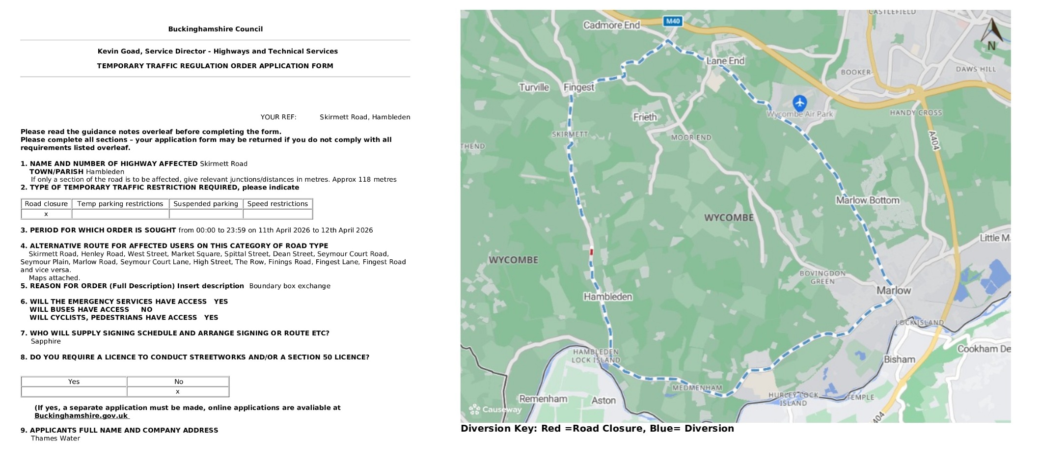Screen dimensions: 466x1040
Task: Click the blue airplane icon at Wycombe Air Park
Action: pyautogui.click(x=799, y=103)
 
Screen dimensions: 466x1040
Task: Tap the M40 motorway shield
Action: pyautogui.click(x=673, y=21)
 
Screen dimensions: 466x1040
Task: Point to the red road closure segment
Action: pyautogui.click(x=591, y=252)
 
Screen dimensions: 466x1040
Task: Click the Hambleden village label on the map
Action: pyautogui.click(x=607, y=297)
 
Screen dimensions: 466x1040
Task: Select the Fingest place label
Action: pyautogui.click(x=578, y=87)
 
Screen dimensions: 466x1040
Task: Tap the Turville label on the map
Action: pyautogui.click(x=534, y=87)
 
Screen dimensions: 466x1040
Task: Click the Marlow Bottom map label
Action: pyautogui.click(x=868, y=200)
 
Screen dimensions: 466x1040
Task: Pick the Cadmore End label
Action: pyautogui.click(x=611, y=25)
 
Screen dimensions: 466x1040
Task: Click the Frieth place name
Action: pyautogui.click(x=645, y=117)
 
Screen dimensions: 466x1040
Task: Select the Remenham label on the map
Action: pyautogui.click(x=543, y=399)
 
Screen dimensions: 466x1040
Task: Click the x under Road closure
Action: pyautogui.click(x=46, y=214)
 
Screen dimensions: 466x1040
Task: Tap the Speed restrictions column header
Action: pyautogui.click(x=277, y=204)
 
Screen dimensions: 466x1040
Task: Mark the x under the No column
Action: pyautogui.click(x=178, y=392)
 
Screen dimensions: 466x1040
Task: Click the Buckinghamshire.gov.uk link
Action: pyautogui.click(x=81, y=416)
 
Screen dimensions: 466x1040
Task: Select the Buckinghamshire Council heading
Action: pyautogui.click(x=215, y=29)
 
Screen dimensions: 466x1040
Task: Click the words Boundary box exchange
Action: pyautogui.click(x=290, y=286)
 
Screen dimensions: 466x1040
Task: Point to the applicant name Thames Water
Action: pyautogui.click(x=55, y=439)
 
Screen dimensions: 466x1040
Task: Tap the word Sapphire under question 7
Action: pyautogui.click(x=46, y=341)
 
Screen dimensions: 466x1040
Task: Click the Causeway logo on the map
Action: pyautogui.click(x=495, y=409)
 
